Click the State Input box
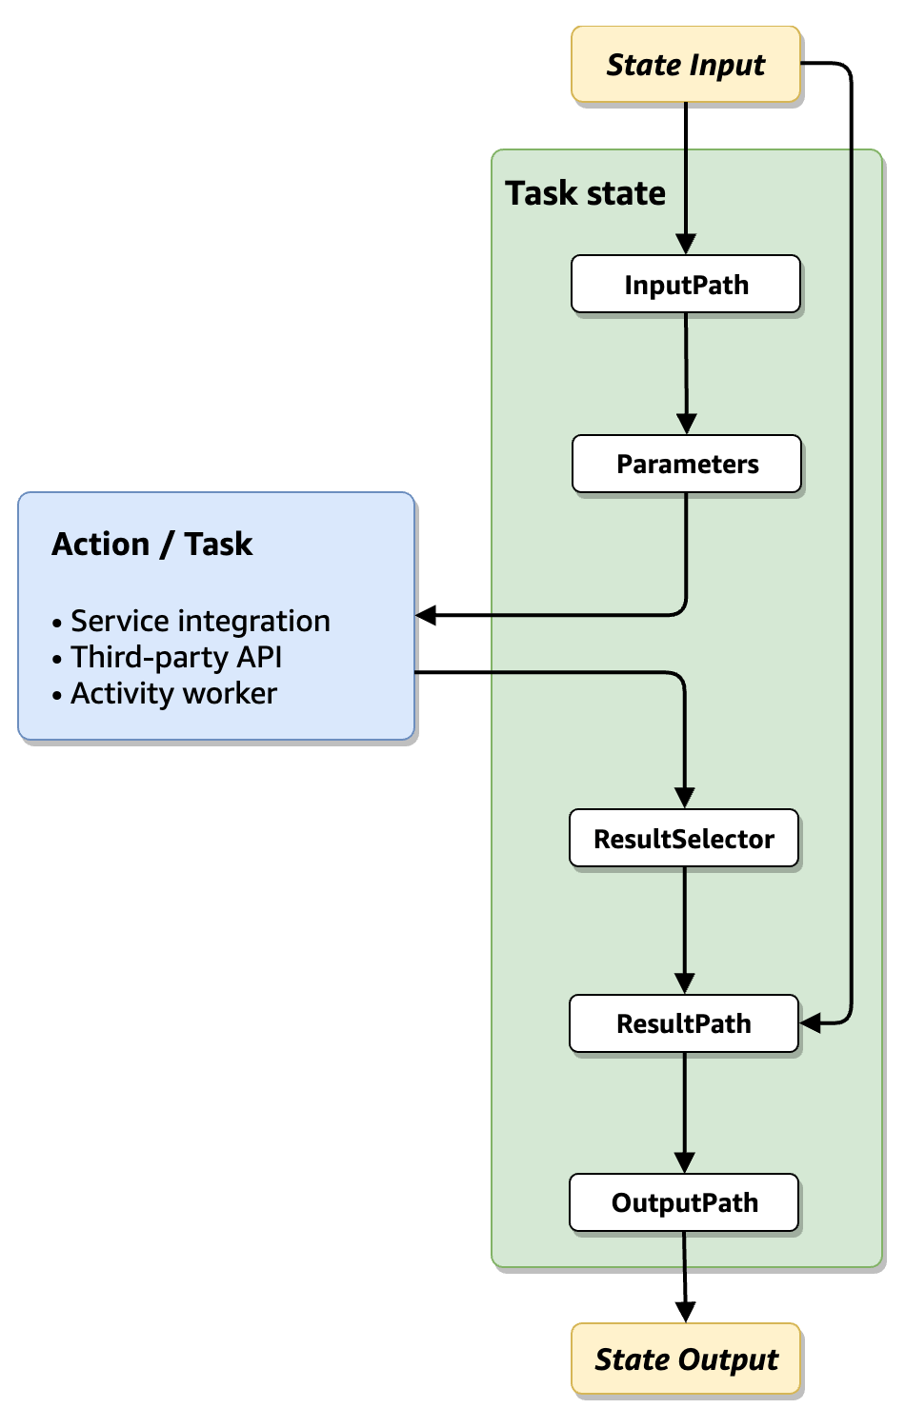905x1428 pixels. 686,65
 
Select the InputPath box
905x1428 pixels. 686,285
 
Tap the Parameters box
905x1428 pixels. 687,465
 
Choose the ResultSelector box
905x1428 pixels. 684,839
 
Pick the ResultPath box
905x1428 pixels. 684,1024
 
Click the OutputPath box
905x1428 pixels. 684,1203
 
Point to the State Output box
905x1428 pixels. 686,1359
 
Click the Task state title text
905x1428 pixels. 585,193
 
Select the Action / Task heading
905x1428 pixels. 152,545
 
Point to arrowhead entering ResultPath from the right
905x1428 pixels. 811,1023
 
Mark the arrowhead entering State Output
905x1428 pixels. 685,1312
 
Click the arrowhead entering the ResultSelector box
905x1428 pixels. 684,798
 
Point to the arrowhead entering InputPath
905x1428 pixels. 686,244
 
